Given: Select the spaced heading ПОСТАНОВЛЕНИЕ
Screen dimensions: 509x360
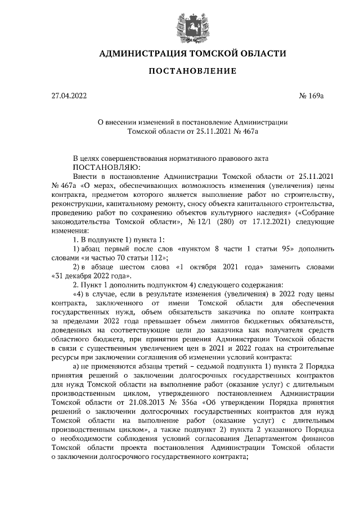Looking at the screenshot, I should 180,71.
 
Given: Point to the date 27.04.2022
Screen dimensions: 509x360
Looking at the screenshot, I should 69,96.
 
